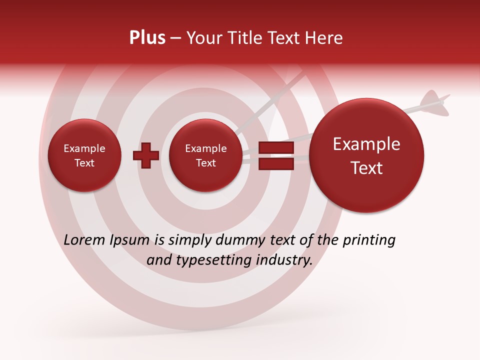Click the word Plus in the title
coord(147,38)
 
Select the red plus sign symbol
coord(146,155)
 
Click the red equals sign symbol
coord(276,155)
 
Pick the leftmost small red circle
coord(84,155)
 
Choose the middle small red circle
coord(205,155)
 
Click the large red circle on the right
coord(366,155)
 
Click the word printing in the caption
coord(369,240)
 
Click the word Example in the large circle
coord(366,144)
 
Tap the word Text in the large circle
coord(366,168)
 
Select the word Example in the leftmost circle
coord(84,148)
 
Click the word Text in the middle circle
coord(205,163)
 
